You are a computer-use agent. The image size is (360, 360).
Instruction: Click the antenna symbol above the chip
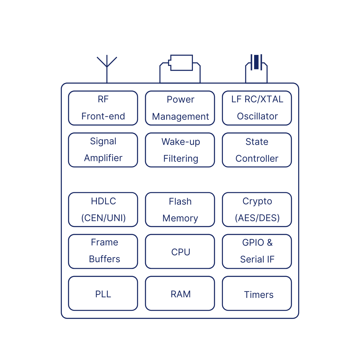coord(107,64)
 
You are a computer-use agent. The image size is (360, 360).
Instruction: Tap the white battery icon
coord(181,63)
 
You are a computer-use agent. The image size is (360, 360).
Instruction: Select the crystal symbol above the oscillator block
coord(256,62)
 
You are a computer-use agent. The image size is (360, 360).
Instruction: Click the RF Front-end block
coord(103,108)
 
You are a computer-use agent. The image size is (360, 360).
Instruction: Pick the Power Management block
coord(180,108)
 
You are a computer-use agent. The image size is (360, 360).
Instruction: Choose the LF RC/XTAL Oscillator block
coord(257,108)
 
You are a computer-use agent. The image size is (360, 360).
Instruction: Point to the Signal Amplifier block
coord(103,150)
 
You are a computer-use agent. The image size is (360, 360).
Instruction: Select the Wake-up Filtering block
coord(180,150)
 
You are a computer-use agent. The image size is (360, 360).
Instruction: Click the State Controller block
coord(257,150)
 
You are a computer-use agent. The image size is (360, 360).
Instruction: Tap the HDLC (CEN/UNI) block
coord(103,209)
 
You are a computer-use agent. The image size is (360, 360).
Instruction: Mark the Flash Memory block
coord(180,209)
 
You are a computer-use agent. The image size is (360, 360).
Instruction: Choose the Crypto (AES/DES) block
coord(257,209)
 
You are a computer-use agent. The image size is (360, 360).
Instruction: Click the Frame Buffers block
coord(103,251)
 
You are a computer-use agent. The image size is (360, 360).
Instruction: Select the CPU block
coord(180,251)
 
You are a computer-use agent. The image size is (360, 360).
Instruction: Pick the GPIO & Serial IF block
coord(257,251)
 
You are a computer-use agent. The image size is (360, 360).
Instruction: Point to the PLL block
coord(103,293)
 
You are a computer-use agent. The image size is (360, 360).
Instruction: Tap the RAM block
coord(180,293)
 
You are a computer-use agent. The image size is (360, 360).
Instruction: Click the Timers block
coord(257,293)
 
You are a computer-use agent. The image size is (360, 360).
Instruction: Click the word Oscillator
coord(257,116)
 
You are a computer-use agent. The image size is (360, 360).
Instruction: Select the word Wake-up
coord(181,142)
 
